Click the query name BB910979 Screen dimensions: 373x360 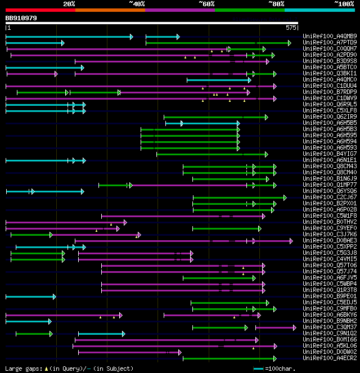[x=21, y=18]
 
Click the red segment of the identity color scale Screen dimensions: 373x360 [x=40, y=10]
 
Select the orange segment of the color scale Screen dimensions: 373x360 [x=110, y=10]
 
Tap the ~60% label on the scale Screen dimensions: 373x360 [x=206, y=4]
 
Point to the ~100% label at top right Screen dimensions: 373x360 [x=344, y=4]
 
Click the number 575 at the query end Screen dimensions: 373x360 [x=291, y=27]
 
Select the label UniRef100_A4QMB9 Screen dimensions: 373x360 [x=330, y=37]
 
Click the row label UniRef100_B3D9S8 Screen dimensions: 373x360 [x=330, y=61]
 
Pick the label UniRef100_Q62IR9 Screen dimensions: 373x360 [x=330, y=117]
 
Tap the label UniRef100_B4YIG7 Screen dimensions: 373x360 [x=330, y=154]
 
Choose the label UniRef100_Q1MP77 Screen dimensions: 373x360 [x=330, y=185]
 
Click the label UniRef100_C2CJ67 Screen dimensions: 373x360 [x=330, y=197]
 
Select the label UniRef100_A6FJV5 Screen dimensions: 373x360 [x=330, y=278]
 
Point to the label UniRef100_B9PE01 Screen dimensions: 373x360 [x=330, y=296]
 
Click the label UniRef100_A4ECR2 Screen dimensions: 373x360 [x=330, y=358]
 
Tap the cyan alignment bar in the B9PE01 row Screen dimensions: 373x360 [x=30, y=296]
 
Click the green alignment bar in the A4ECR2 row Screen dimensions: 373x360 [x=228, y=358]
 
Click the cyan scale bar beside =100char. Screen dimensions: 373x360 [x=259, y=368]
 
